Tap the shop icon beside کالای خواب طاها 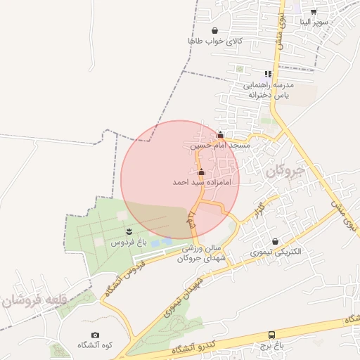pyautogui.click(x=214, y=30)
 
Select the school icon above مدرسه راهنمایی pyautogui.click(x=268, y=73)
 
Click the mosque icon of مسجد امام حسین pyautogui.click(x=220, y=135)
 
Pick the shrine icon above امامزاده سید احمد pyautogui.click(x=201, y=172)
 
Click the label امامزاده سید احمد pyautogui.click(x=202, y=182)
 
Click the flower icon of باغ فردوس pyautogui.click(x=129, y=231)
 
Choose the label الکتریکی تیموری pyautogui.click(x=276, y=252)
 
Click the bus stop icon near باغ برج pyautogui.click(x=271, y=335)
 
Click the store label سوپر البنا pyautogui.click(x=314, y=22)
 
